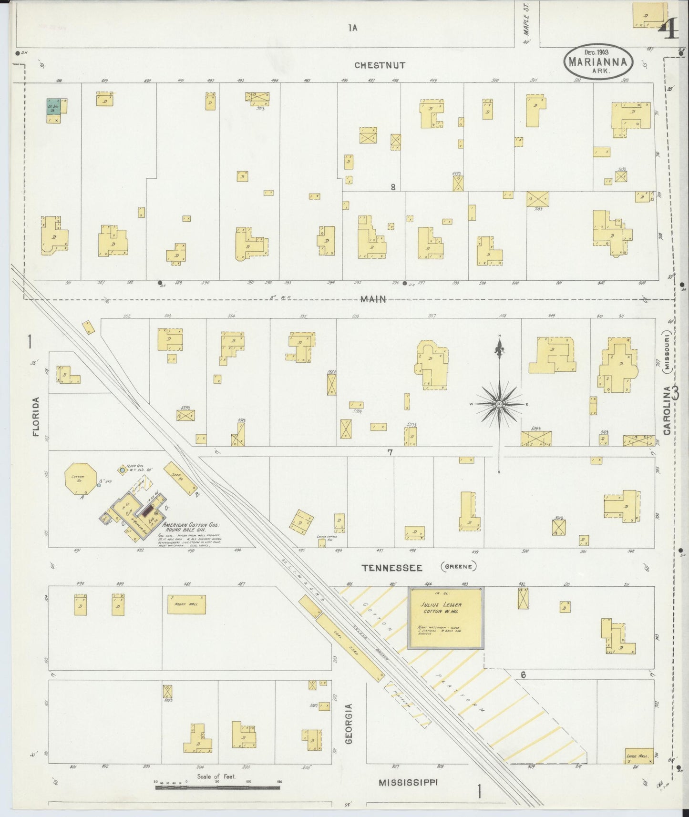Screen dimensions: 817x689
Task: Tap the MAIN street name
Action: pos(373,299)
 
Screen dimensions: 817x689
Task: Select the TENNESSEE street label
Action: pos(392,567)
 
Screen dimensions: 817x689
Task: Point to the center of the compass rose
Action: pos(499,404)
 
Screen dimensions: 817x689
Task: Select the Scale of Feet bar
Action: pos(217,787)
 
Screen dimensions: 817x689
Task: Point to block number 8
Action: pos(393,187)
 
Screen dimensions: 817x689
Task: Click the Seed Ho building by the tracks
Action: pos(180,478)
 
